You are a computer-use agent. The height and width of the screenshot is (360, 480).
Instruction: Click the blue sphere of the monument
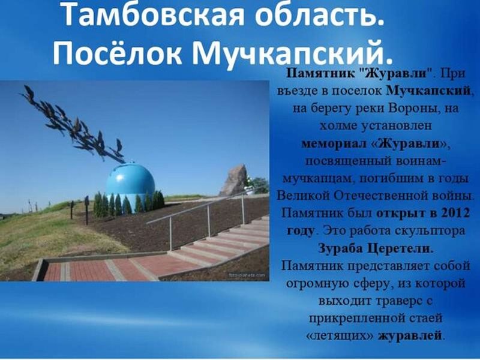130,181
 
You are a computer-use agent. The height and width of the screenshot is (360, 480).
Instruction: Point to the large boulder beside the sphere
234,180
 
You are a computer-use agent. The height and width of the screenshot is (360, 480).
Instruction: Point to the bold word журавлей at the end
410,336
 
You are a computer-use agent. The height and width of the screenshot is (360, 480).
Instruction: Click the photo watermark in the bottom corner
247,275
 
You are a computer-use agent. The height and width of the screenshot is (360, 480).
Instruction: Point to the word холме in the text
338,126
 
